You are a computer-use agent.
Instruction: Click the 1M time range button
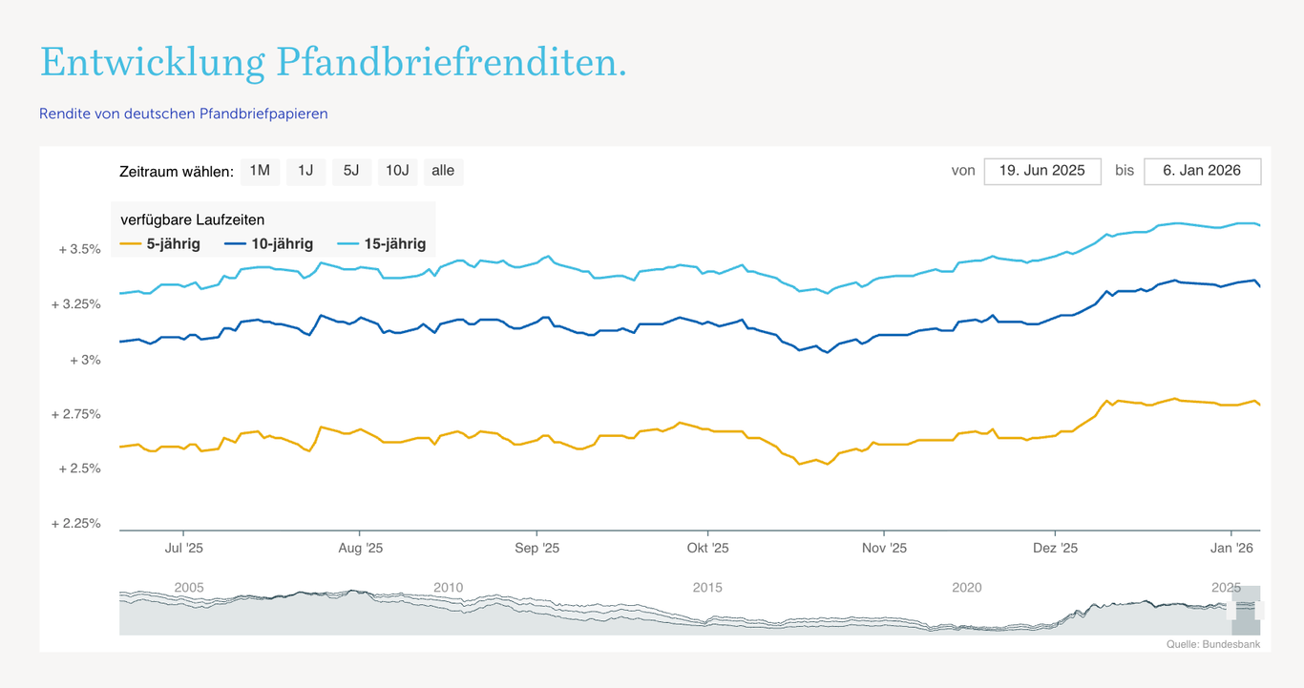pyautogui.click(x=260, y=171)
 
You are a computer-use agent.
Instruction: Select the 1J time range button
pyautogui.click(x=305, y=171)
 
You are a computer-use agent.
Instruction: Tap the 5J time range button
pyautogui.click(x=351, y=171)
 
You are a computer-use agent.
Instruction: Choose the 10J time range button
pyautogui.click(x=397, y=171)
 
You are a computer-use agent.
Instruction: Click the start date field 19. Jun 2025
pyautogui.click(x=1042, y=171)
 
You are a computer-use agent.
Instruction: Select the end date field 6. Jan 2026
pyautogui.click(x=1202, y=171)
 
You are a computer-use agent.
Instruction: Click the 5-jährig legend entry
pyautogui.click(x=160, y=243)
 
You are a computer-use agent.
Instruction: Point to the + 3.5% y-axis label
pyautogui.click(x=80, y=249)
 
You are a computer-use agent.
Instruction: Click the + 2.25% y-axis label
pyautogui.click(x=76, y=523)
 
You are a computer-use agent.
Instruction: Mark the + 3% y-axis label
pyautogui.click(x=85, y=360)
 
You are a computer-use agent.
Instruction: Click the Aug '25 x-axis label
pyautogui.click(x=361, y=548)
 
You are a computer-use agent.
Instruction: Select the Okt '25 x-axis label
pyautogui.click(x=707, y=548)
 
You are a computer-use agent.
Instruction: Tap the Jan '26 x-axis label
pyautogui.click(x=1231, y=548)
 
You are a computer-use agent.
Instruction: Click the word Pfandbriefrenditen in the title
pyautogui.click(x=451, y=63)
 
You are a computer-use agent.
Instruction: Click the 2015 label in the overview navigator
pyautogui.click(x=707, y=587)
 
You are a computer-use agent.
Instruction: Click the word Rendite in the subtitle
pyautogui.click(x=64, y=114)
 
